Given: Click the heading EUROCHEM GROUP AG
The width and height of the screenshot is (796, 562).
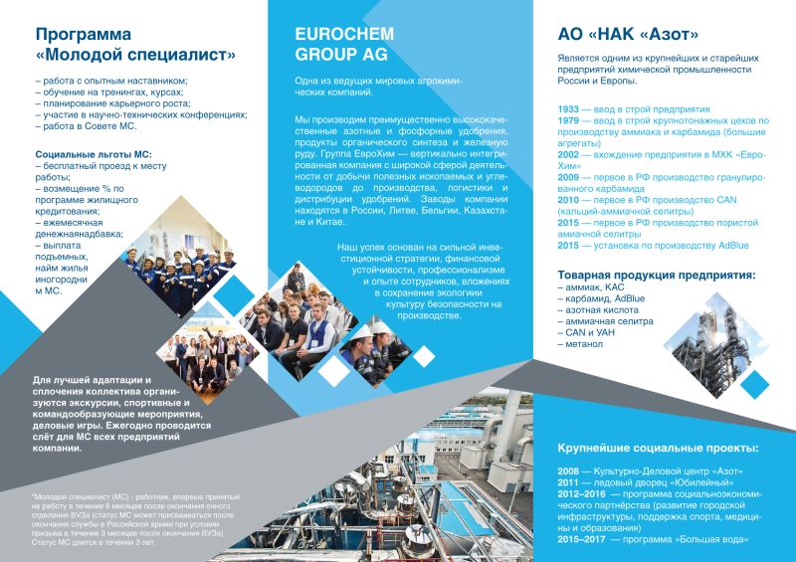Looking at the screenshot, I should (341, 43).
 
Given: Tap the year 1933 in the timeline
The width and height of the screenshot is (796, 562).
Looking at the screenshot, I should (569, 107).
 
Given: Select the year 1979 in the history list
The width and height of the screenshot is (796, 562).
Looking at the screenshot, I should (569, 120).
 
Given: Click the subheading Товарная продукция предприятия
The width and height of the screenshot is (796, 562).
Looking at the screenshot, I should (655, 274).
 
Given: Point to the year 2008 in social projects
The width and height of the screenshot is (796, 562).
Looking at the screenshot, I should (571, 469).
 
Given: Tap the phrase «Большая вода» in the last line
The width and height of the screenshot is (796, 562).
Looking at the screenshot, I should (715, 541).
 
